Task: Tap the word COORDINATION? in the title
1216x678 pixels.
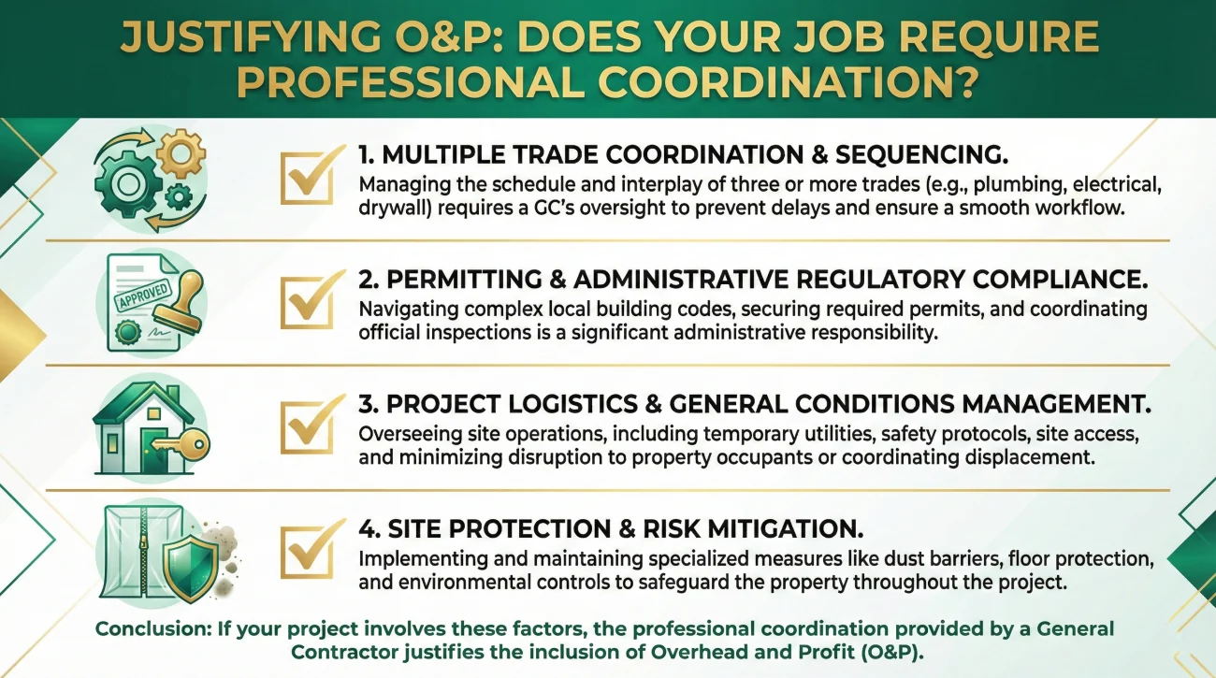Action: pyautogui.click(x=789, y=82)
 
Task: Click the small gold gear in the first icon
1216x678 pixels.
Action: pyautogui.click(x=181, y=153)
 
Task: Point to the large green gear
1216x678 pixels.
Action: pyautogui.click(x=128, y=184)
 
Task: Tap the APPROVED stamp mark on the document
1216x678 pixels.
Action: pyautogui.click(x=143, y=296)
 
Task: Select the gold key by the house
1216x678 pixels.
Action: pyautogui.click(x=181, y=444)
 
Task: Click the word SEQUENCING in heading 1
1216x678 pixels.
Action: pyautogui.click(x=921, y=155)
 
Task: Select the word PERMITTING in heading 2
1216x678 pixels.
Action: pyautogui.click(x=464, y=281)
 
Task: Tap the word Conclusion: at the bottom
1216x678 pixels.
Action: pyautogui.click(x=153, y=629)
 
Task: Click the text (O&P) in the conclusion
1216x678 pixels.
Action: pyautogui.click(x=892, y=652)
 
